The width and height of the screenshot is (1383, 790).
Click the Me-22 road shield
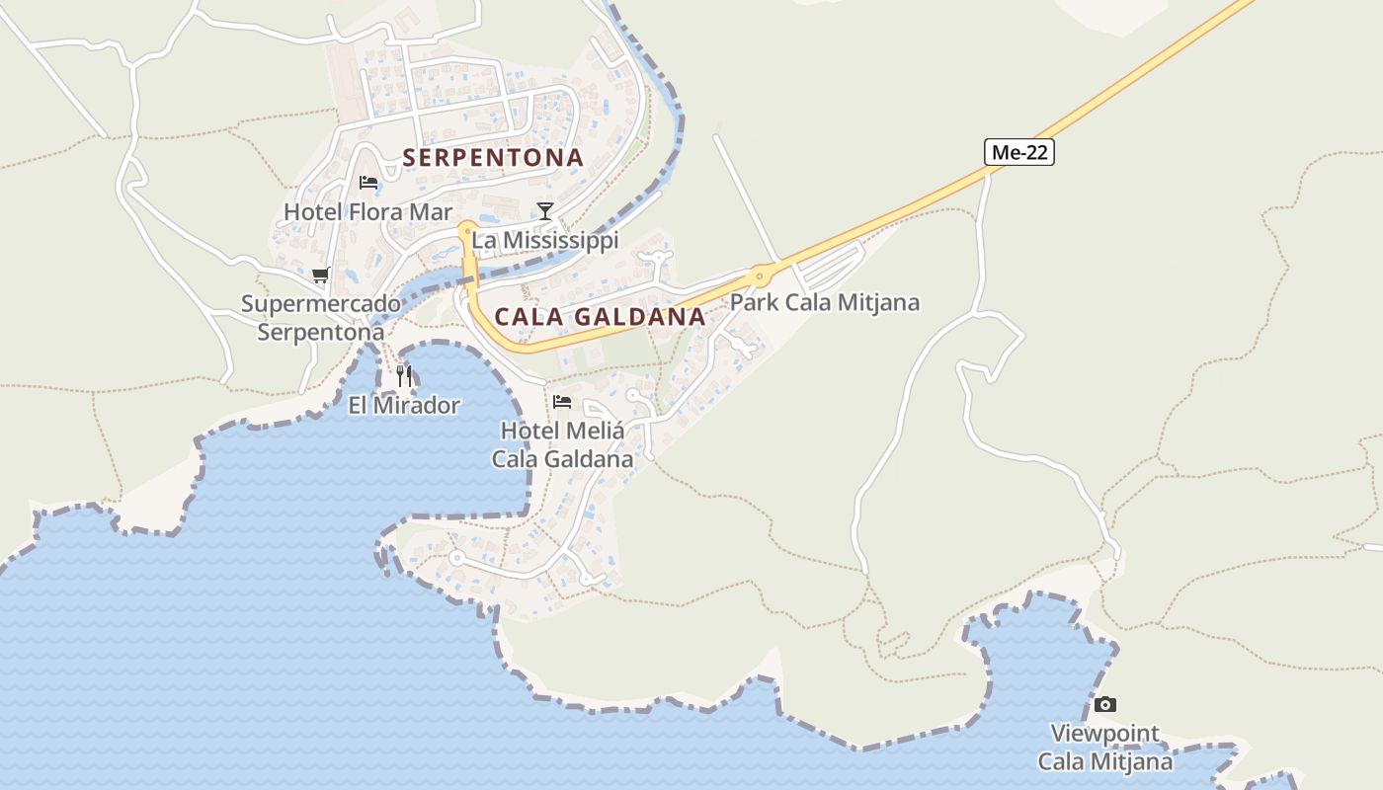tap(1019, 151)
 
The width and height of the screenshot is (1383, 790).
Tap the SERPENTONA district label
tap(493, 157)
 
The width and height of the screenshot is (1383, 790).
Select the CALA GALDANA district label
tap(600, 317)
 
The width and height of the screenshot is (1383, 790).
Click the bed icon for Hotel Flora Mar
tap(368, 183)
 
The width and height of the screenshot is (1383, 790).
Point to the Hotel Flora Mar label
tap(367, 211)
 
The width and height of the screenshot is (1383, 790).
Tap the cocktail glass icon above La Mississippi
tap(544, 210)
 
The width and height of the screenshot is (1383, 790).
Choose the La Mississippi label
tap(544, 240)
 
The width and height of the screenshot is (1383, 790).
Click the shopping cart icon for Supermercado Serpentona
tap(320, 276)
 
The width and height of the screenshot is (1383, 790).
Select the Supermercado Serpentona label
tap(321, 318)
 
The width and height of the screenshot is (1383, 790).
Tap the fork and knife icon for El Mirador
tap(403, 375)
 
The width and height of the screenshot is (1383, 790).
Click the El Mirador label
tap(404, 405)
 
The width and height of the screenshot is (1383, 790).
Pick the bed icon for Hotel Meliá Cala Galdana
tap(562, 402)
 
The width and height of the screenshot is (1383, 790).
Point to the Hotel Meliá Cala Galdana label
tap(562, 444)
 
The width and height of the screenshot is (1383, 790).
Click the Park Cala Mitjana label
tap(824, 302)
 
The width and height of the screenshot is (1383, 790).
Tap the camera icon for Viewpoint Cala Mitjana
tap(1105, 704)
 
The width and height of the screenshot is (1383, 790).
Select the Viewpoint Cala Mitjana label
tap(1105, 748)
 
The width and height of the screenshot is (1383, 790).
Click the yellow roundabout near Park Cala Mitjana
tap(760, 276)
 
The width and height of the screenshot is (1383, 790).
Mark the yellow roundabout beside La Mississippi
tap(466, 230)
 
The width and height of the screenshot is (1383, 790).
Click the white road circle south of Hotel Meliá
tap(455, 558)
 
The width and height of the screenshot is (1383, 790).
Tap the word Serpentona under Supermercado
tap(321, 333)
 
